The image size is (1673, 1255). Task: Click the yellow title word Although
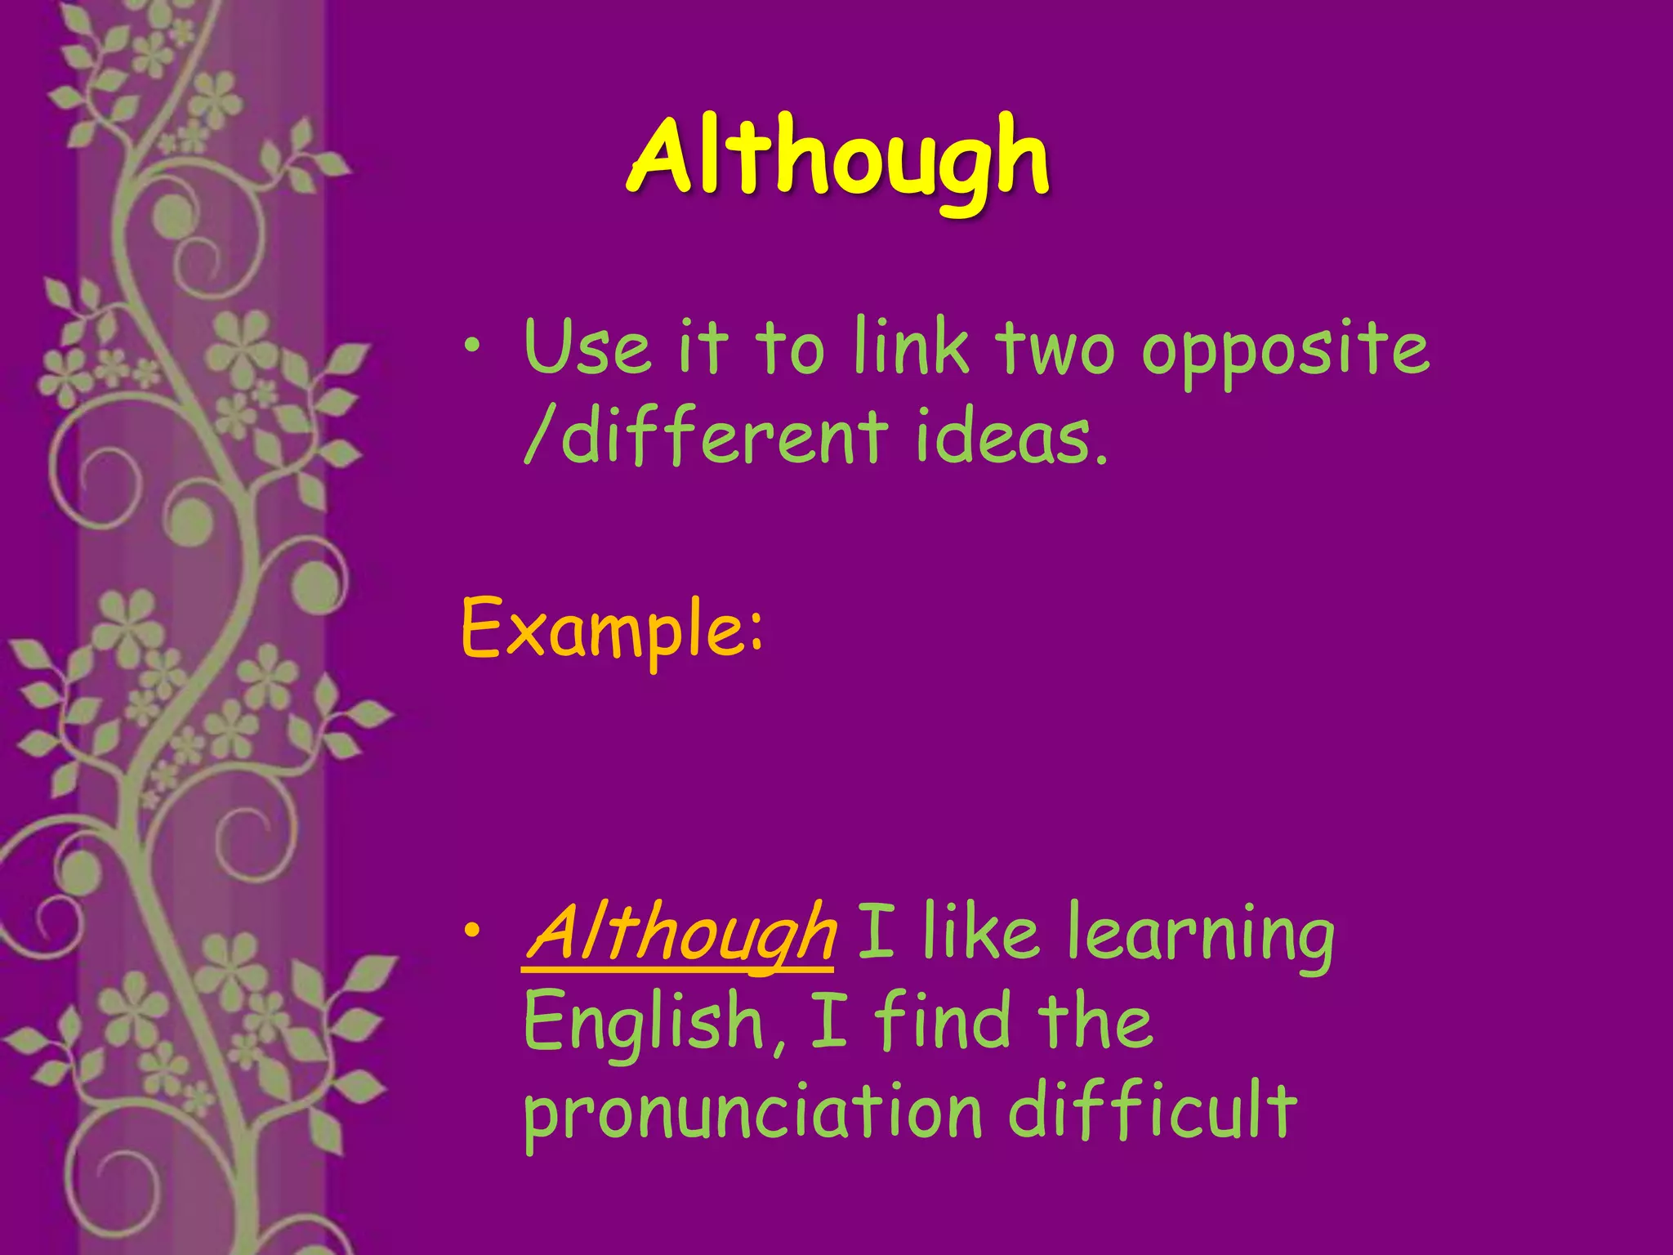click(839, 159)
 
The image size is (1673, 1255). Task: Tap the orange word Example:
click(613, 629)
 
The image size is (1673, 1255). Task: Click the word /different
click(706, 436)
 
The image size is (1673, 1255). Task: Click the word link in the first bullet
click(911, 347)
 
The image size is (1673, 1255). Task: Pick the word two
click(1055, 350)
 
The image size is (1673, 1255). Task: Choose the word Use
click(587, 347)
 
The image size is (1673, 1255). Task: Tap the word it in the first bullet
click(702, 347)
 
